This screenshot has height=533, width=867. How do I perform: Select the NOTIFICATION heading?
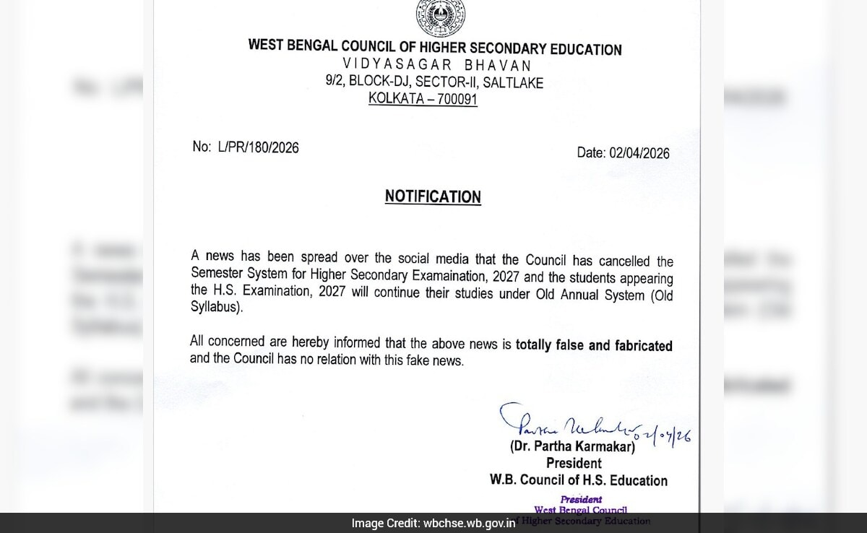433,196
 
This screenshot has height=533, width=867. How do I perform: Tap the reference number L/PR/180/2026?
257,147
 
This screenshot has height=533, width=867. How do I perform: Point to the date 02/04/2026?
639,153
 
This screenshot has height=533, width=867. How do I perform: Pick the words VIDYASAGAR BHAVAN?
433,66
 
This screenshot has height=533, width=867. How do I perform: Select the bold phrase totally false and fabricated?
594,345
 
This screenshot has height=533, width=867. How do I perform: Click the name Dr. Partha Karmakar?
573,447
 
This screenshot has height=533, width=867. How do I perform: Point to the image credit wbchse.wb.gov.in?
470,524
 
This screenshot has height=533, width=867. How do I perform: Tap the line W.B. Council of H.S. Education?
578,480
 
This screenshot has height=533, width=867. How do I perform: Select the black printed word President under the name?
574,464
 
